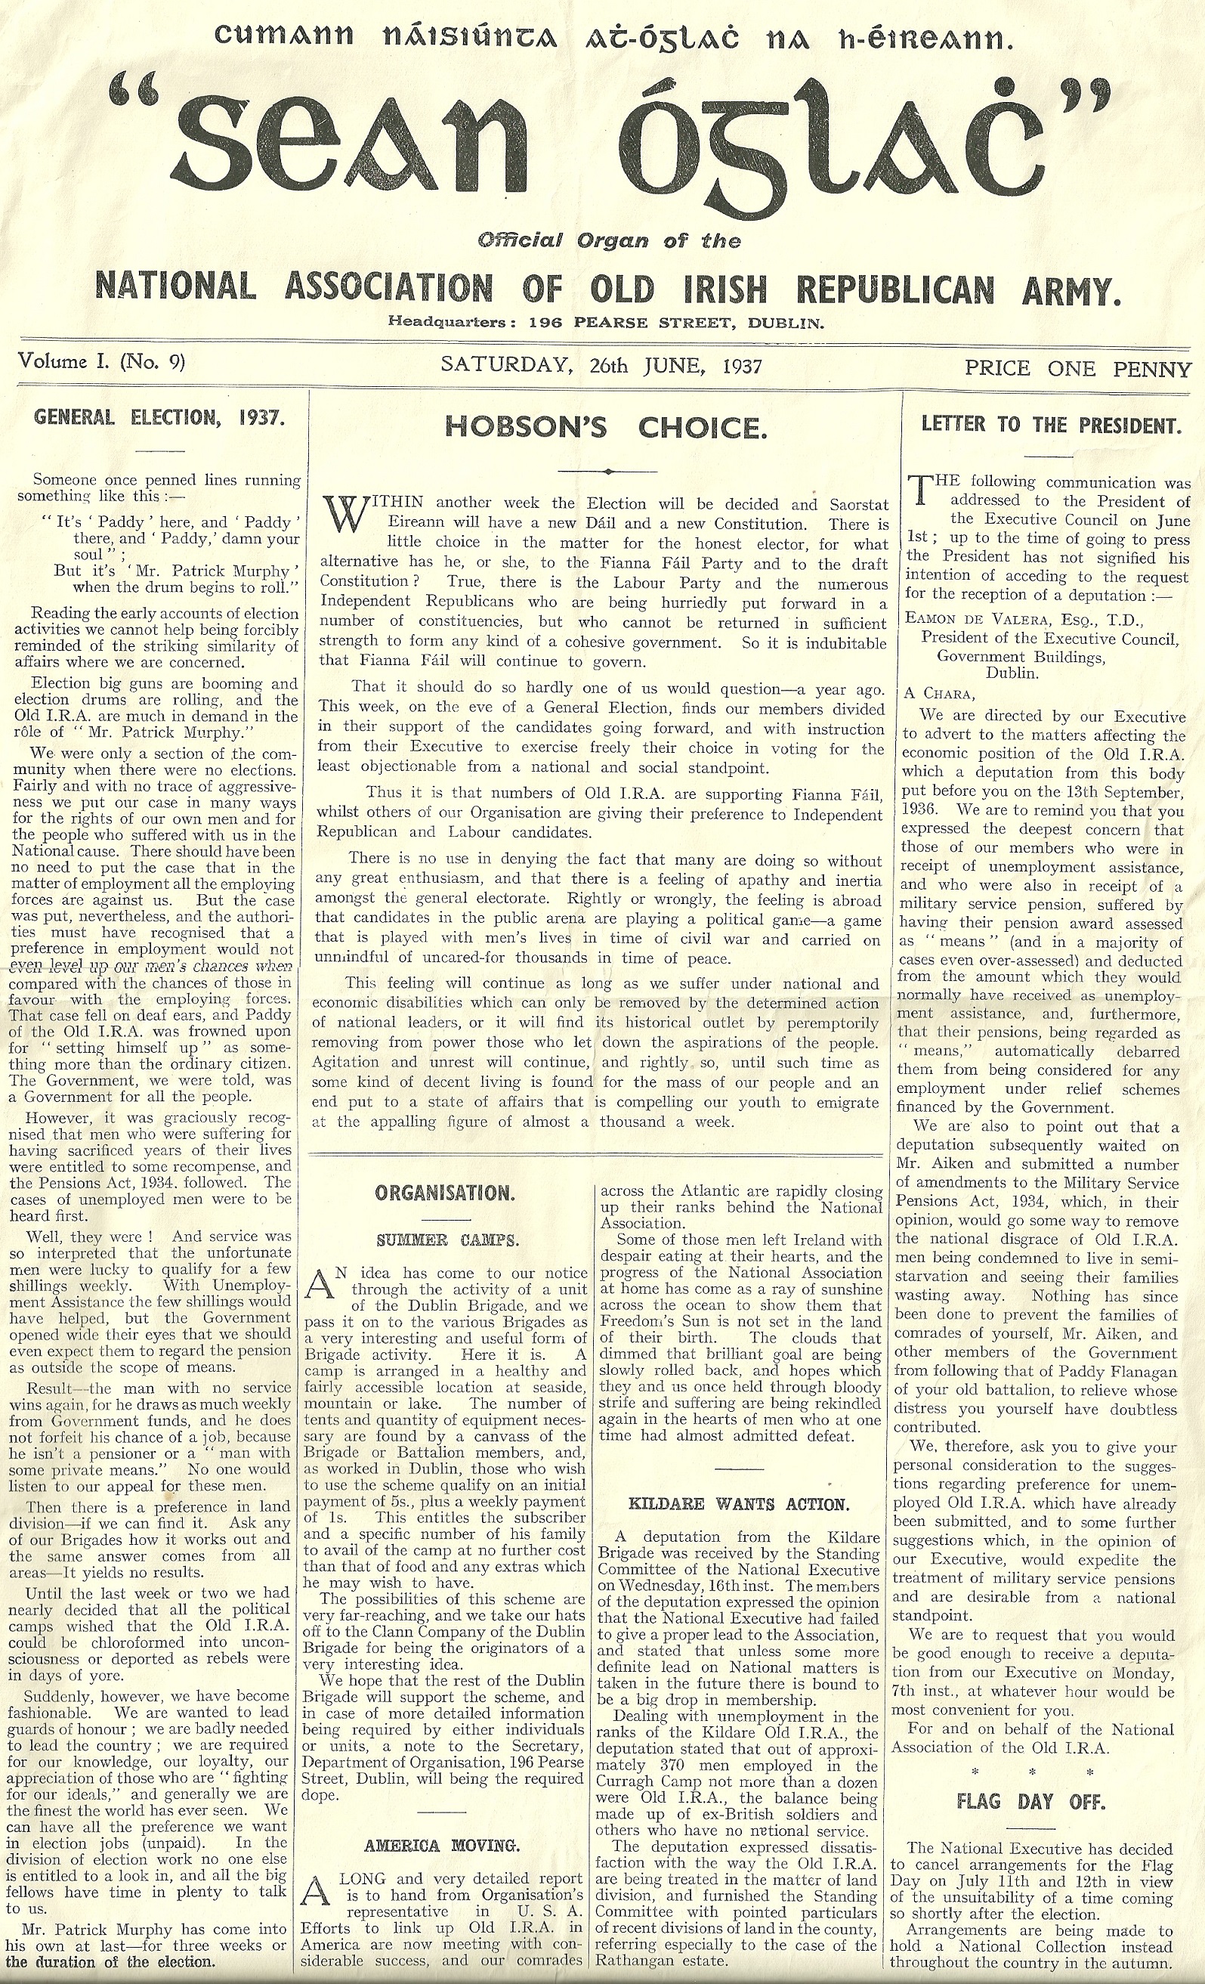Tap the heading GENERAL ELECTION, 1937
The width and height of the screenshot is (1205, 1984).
click(x=159, y=417)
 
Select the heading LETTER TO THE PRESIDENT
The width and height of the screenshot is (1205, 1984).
click(x=1050, y=425)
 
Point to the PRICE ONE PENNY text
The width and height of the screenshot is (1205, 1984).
click(x=1077, y=369)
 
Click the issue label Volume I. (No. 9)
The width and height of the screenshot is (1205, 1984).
click(x=101, y=361)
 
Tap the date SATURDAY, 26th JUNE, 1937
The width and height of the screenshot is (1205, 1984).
click(x=601, y=366)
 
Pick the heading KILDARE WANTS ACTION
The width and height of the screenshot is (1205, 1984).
click(x=737, y=1504)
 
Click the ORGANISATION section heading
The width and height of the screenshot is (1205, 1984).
click(x=444, y=1193)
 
